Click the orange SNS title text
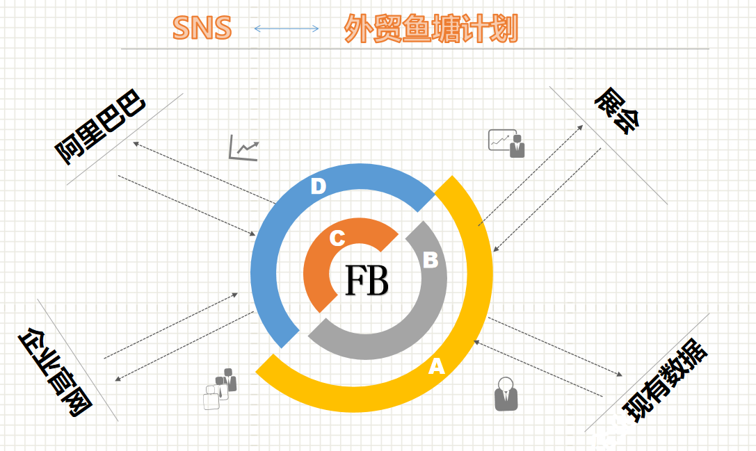(x=202, y=28)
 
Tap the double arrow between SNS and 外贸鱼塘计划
(x=287, y=28)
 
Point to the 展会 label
(x=618, y=112)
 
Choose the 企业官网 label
(x=55, y=372)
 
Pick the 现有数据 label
(x=664, y=382)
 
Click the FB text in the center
(x=367, y=281)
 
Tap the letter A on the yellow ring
(x=436, y=366)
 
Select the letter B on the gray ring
(x=431, y=260)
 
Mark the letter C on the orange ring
(x=337, y=238)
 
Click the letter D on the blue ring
(x=318, y=186)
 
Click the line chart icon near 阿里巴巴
(x=243, y=147)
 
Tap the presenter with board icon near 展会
(x=506, y=143)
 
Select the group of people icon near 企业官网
(x=219, y=388)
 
